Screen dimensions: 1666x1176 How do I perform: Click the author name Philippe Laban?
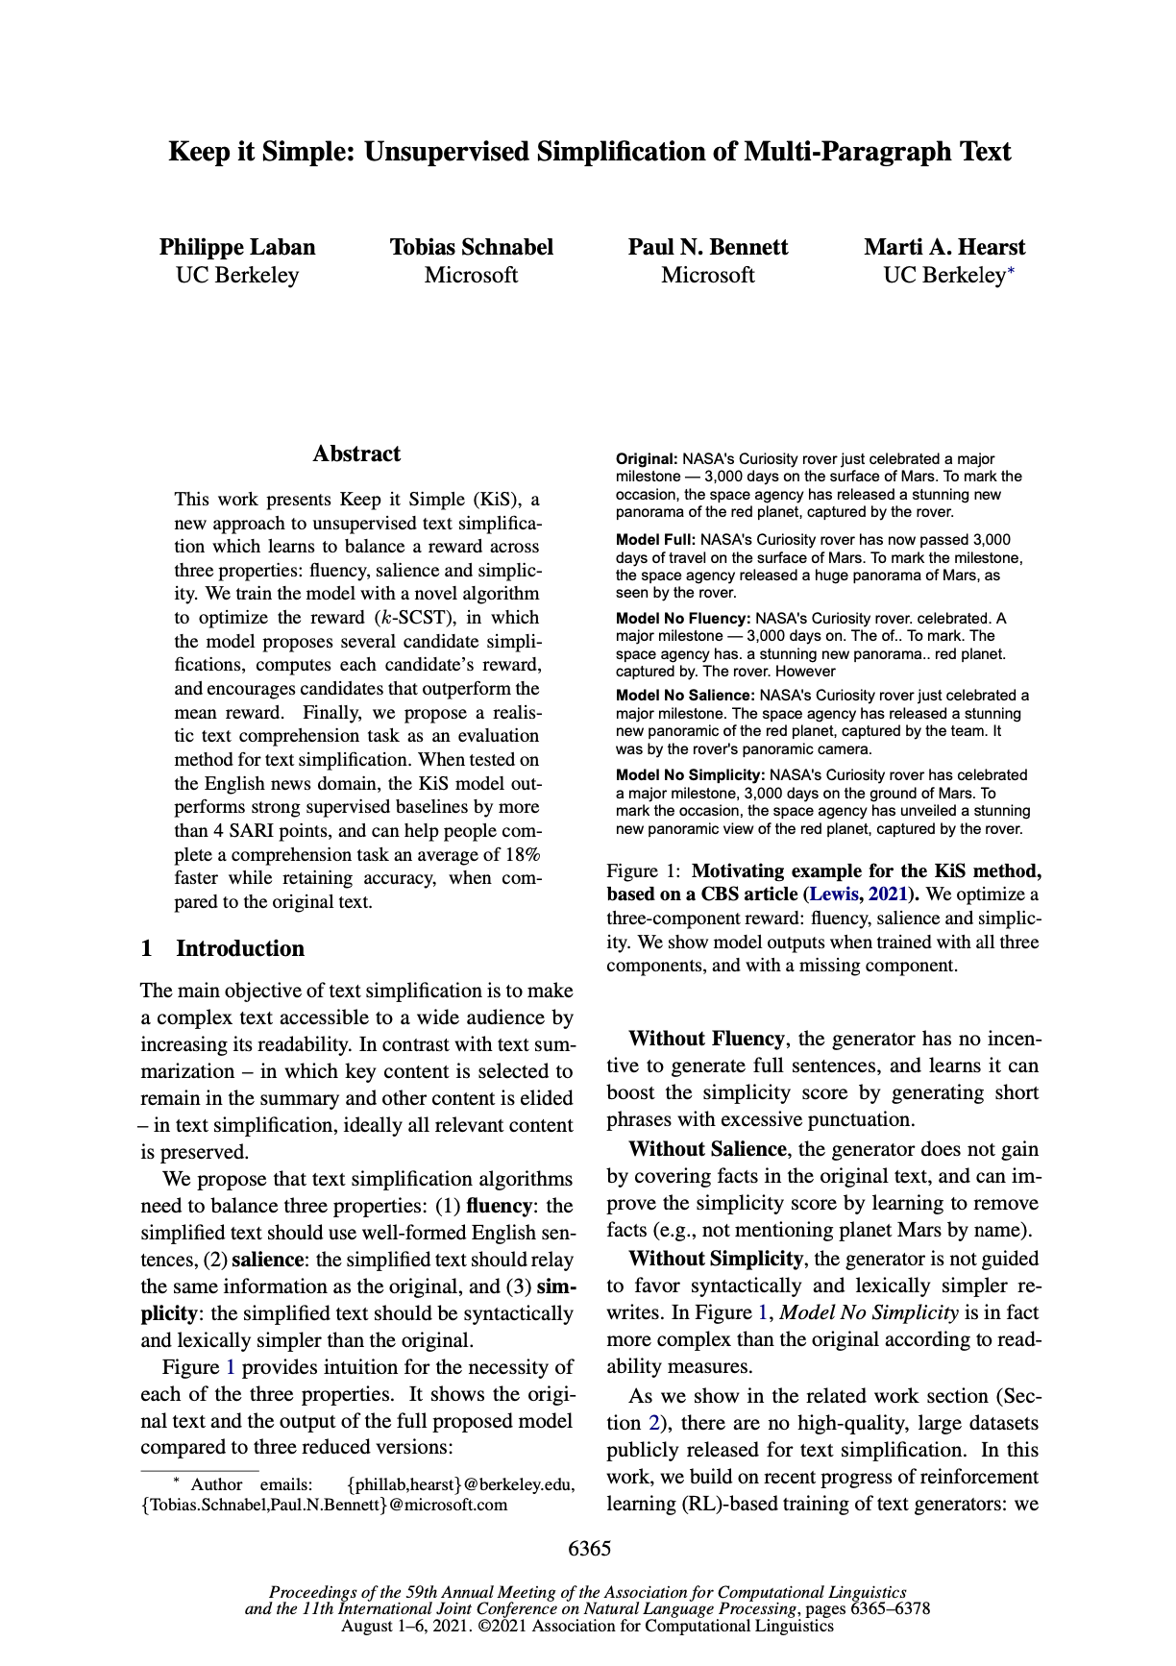coord(237,247)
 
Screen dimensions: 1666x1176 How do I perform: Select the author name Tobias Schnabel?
coord(471,247)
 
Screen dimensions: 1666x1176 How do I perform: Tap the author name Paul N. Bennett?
coord(707,247)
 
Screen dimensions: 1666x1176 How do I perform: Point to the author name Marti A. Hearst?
coord(944,247)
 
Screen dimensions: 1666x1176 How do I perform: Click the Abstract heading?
coord(356,453)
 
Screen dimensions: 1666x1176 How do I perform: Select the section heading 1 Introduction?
coord(222,948)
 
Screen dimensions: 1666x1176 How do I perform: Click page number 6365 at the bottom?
coord(589,1548)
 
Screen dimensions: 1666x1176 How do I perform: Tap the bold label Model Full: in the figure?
coord(656,540)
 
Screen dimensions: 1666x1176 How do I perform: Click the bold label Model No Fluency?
coord(683,618)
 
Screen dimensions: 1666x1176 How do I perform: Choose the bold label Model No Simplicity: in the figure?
coord(691,774)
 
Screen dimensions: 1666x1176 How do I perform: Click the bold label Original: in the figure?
coord(647,459)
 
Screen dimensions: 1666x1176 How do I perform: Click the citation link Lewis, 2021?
coord(857,894)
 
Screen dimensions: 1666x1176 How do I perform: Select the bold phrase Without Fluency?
coord(706,1039)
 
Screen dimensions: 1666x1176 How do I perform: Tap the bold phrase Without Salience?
coord(707,1149)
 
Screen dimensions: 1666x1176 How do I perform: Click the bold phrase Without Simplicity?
coord(715,1259)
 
